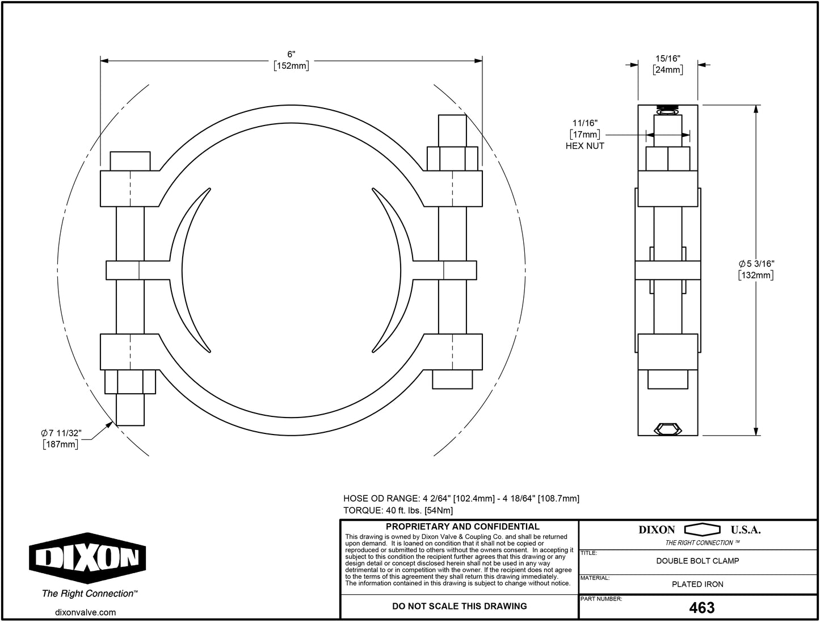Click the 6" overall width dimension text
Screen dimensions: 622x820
click(x=291, y=55)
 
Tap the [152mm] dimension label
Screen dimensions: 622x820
click(x=291, y=66)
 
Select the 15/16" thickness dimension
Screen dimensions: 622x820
click(x=668, y=59)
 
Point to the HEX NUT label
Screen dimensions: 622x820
click(x=584, y=146)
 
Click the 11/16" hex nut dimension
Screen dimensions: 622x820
click(x=584, y=123)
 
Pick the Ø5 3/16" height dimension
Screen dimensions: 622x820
click(x=756, y=264)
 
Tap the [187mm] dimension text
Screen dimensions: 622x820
click(x=61, y=445)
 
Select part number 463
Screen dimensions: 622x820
click(x=701, y=608)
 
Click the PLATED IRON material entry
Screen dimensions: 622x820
click(x=697, y=585)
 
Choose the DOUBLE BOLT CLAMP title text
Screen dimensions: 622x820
click(x=697, y=561)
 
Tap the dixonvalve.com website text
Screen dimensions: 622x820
click(x=86, y=612)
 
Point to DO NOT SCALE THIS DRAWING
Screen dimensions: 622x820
click(x=459, y=607)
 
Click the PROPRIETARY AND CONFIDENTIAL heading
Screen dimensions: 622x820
click(x=462, y=527)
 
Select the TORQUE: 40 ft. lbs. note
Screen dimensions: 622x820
click(x=398, y=511)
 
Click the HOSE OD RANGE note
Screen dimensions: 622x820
click(x=461, y=499)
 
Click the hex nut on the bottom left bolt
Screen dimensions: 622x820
click(x=130, y=382)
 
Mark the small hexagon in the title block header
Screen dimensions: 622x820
click(x=702, y=530)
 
